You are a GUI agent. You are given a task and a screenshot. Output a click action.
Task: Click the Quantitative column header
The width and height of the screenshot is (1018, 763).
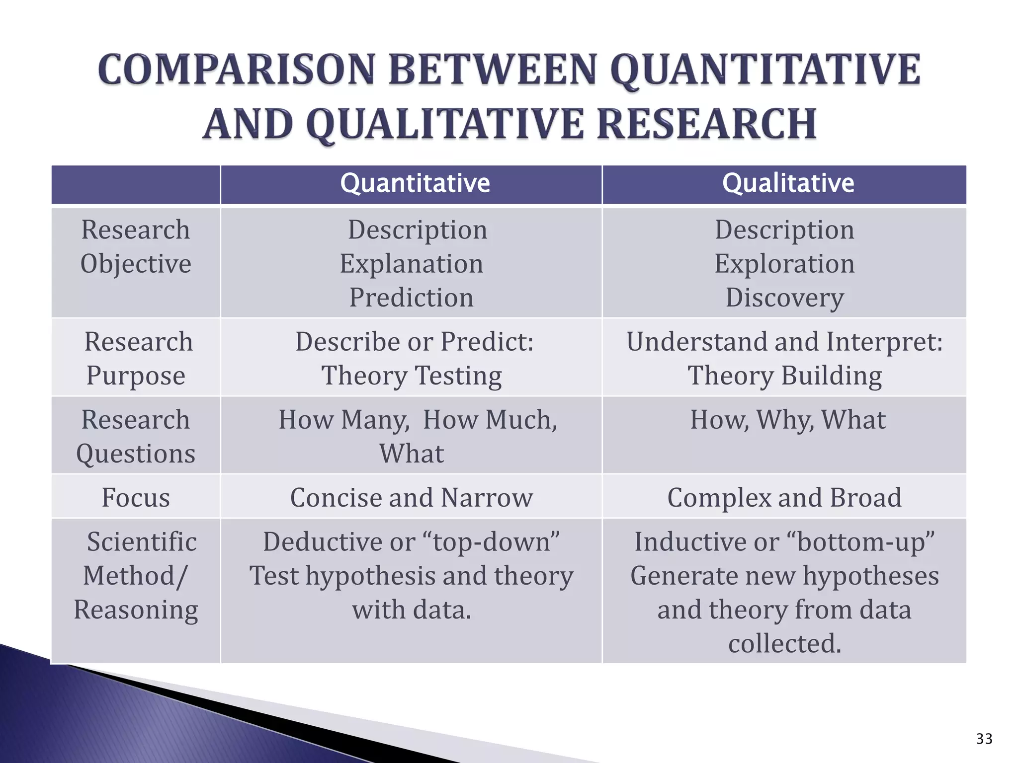[415, 183]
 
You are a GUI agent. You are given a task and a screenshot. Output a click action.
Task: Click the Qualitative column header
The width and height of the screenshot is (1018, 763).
[788, 183]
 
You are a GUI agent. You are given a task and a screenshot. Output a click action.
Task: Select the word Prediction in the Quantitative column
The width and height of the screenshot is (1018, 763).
[411, 298]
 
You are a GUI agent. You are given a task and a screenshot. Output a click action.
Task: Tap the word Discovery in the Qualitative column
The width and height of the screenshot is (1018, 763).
[784, 298]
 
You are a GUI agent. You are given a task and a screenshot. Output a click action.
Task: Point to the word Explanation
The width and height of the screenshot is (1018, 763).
[411, 264]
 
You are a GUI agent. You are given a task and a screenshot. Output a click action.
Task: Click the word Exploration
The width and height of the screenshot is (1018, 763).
[784, 264]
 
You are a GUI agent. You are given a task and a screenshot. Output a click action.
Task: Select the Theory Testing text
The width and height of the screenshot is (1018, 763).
[411, 376]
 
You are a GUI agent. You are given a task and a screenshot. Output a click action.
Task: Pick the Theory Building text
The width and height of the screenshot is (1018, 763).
[784, 376]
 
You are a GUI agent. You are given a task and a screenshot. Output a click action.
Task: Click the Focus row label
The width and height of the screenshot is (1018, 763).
[136, 498]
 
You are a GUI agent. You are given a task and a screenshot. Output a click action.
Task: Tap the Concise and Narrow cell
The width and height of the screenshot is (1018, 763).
[411, 498]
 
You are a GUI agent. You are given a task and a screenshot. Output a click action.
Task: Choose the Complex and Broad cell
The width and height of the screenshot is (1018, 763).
[784, 498]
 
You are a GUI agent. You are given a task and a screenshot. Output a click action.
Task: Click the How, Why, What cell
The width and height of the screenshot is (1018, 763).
[787, 420]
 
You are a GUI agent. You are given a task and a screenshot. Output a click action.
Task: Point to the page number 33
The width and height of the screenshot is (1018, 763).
[984, 739]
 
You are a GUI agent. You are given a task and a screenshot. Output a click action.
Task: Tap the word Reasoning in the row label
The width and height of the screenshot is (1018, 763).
[136, 610]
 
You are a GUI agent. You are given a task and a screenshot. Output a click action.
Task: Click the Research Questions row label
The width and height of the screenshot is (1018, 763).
[136, 437]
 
